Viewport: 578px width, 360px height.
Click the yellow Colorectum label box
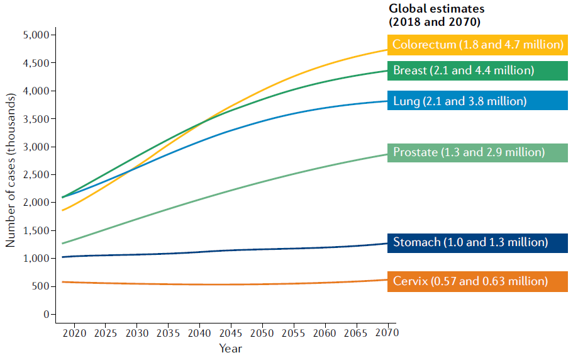pos(478,45)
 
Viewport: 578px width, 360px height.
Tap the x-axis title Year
pos(230,347)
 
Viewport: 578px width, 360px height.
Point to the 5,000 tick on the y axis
pos(35,35)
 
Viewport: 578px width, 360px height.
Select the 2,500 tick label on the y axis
pos(35,174)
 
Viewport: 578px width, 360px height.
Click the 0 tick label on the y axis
pos(46,314)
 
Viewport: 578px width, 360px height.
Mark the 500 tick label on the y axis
pos(40,286)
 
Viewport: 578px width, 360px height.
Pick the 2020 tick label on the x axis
pos(74,332)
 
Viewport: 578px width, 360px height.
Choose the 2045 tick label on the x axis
pos(230,332)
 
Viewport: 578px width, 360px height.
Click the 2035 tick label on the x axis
pos(168,332)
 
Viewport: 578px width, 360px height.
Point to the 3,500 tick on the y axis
pos(35,119)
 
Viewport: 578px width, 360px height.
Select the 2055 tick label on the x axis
pos(292,332)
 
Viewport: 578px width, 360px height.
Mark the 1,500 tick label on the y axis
pos(35,230)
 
